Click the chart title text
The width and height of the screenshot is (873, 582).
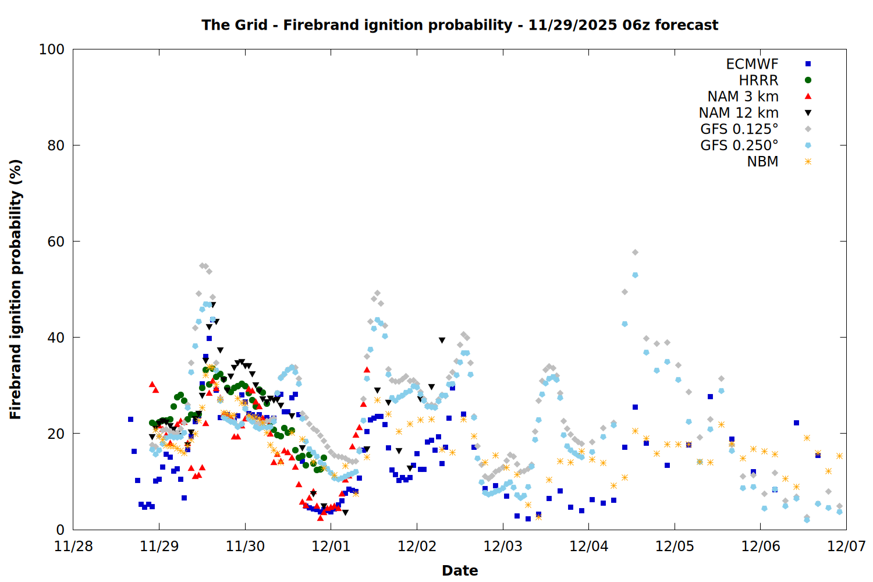[x=460, y=25]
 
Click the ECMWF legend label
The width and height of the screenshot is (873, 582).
[x=752, y=64]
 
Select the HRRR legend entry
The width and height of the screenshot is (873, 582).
[x=758, y=80]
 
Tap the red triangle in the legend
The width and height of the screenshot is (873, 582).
[x=808, y=96]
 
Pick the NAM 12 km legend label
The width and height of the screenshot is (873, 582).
[x=739, y=113]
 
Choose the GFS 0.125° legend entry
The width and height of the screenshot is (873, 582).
[x=739, y=129]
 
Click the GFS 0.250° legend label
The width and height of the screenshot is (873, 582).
[x=739, y=145]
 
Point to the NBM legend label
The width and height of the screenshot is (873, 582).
[x=762, y=162]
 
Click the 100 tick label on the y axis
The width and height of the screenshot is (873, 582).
[x=52, y=49]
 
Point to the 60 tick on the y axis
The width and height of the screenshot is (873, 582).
[x=56, y=242]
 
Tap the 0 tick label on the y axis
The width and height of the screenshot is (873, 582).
[x=60, y=530]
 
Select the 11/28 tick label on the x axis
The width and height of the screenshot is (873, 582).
[x=73, y=546]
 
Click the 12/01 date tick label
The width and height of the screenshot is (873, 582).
[x=331, y=546]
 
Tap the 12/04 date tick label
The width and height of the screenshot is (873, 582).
[x=589, y=546]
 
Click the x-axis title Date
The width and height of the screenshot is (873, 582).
[x=460, y=570]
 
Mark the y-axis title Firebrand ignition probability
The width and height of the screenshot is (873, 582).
[x=16, y=289]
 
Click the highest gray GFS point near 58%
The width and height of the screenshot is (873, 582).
[x=635, y=253]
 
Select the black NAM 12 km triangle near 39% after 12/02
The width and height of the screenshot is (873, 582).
[x=442, y=340]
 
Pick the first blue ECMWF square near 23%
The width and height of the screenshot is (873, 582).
[x=130, y=419]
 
